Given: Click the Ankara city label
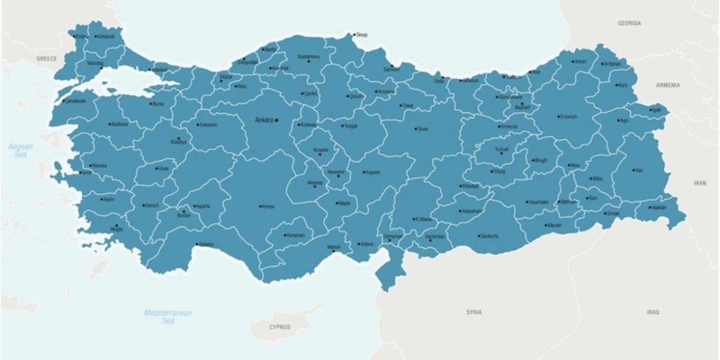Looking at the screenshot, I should pos(264,120).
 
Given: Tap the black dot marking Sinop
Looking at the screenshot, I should pos(354,35).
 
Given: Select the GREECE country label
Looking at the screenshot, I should pos(47,58).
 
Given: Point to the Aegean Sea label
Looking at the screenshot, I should pos(21,150).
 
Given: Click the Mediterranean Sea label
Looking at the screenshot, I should pos(168,317).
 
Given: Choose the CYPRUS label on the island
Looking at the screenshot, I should pos(280,327).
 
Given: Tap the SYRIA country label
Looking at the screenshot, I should pos(474,312).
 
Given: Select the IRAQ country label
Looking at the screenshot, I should pos(652,312).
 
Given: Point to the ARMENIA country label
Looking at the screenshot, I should pos(668,85).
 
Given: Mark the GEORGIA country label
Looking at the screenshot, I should pos(629,24).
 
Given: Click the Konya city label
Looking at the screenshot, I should pos(269,206).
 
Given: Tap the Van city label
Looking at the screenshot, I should pos(639,170).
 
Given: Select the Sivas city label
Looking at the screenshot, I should pos(423,129).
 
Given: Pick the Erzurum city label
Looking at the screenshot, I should pos(569,117).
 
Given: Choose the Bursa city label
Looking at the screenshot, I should pos(158,103).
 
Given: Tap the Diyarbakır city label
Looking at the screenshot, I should pos(538,202).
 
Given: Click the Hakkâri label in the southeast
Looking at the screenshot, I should pos(659,208).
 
